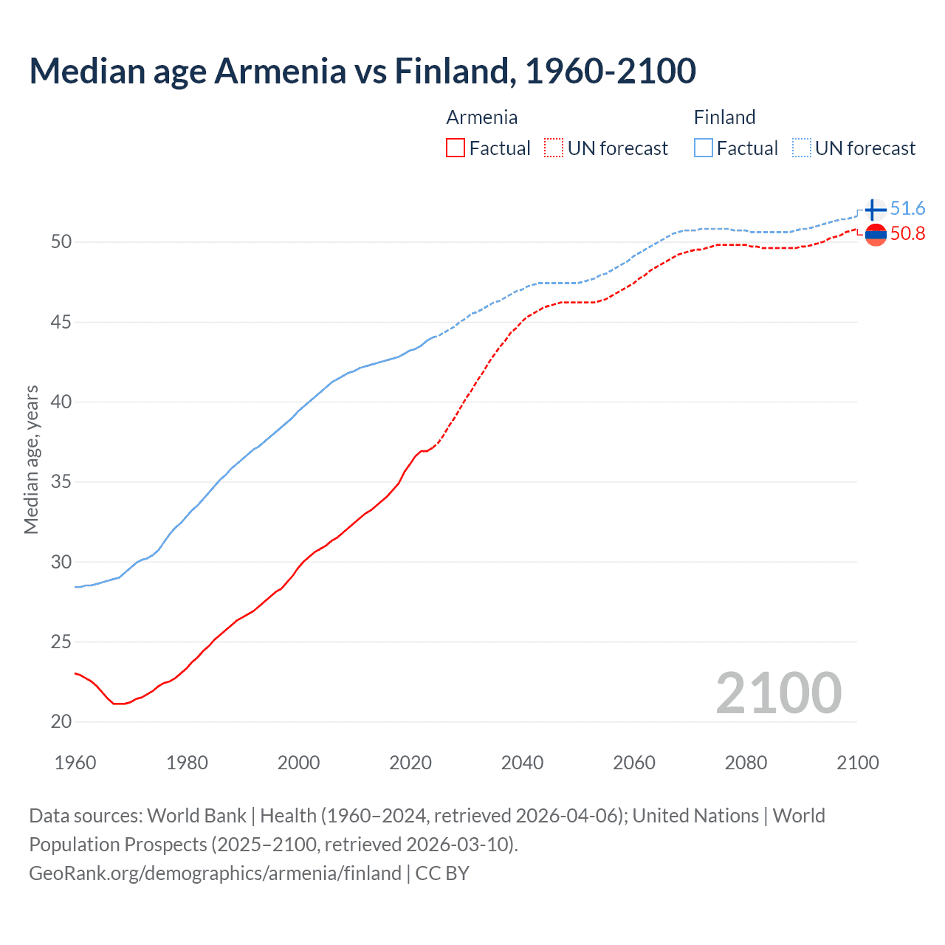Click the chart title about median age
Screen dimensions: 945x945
[362, 71]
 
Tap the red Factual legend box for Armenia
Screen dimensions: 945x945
[456, 148]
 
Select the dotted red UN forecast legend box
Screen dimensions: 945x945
[554, 148]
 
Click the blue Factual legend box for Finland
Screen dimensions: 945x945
[704, 148]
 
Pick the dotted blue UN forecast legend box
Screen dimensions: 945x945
[802, 148]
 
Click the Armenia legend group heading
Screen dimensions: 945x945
[481, 117]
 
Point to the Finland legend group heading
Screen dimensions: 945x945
[724, 117]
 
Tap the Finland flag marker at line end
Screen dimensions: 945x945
[876, 210]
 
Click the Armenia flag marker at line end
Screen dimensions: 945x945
[876, 235]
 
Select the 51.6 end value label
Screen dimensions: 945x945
[907, 208]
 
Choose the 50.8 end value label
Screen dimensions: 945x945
[907, 233]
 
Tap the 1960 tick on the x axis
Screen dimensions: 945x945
[75, 763]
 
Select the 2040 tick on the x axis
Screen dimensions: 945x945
[522, 763]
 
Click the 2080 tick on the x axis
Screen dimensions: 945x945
[746, 763]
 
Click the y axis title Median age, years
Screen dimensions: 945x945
[31, 459]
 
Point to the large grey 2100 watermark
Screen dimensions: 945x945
[778, 693]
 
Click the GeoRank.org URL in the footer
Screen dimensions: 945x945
[215, 873]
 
